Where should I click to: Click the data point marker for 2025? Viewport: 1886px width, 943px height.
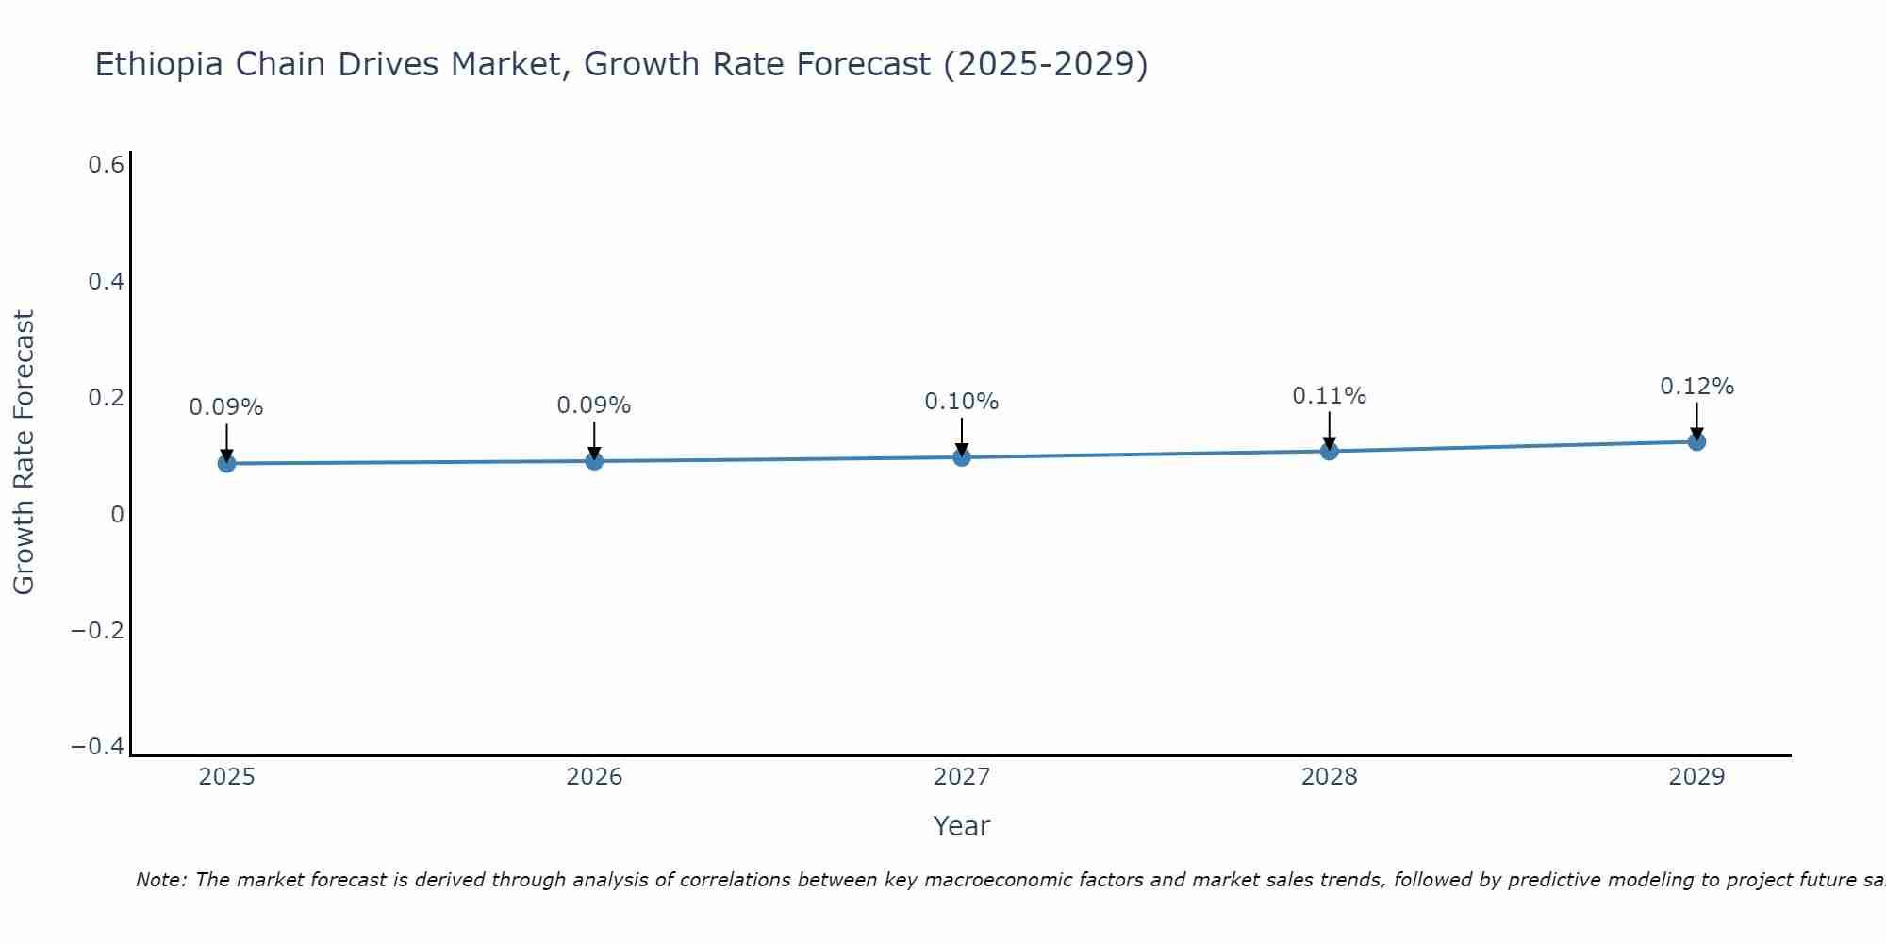click(226, 463)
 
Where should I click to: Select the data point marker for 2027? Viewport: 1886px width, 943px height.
click(962, 457)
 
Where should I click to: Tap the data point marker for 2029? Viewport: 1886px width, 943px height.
click(1696, 441)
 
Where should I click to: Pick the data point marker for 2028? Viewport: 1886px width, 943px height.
click(1330, 451)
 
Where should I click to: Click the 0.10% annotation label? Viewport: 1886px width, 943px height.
click(961, 402)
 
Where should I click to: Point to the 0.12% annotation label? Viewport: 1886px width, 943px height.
click(1696, 387)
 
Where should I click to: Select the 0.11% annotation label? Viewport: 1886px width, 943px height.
click(1329, 396)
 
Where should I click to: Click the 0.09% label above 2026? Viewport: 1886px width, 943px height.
click(593, 405)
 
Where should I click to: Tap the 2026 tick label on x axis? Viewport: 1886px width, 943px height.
click(594, 777)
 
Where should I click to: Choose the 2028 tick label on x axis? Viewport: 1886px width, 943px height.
click(1330, 777)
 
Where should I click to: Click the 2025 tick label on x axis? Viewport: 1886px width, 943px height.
click(227, 777)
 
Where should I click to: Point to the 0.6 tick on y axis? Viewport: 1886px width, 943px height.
click(106, 165)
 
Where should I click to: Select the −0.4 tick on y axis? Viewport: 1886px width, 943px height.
click(97, 747)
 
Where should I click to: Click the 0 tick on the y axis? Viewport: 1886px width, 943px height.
click(117, 515)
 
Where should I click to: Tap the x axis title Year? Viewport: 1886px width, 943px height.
click(961, 827)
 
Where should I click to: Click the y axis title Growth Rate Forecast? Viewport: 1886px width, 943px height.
click(24, 453)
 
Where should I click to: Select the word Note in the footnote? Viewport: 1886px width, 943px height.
click(160, 880)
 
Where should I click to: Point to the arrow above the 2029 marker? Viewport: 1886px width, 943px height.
click(1696, 421)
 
